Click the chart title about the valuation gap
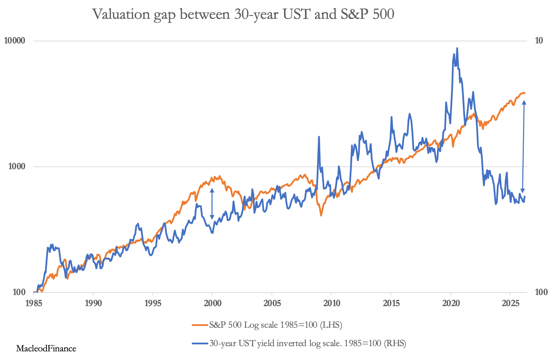tap(243, 14)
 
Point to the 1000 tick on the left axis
tap(16, 166)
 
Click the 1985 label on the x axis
tap(34, 303)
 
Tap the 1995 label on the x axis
tap(153, 303)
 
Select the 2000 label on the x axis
tap(212, 303)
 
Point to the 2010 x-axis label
tap(331, 303)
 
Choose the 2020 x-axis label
tap(450, 303)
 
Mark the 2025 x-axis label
tap(510, 303)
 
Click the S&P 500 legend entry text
tap(275, 325)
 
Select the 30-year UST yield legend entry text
tap(307, 344)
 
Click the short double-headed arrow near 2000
tap(212, 204)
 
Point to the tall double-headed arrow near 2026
tap(523, 146)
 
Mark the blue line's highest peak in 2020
tap(457, 48)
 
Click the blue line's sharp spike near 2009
tap(319, 137)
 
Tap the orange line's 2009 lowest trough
tap(321, 216)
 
